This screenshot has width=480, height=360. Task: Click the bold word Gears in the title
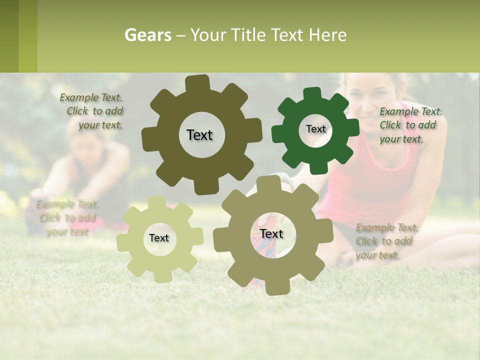point(147,35)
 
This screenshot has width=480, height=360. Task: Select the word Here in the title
point(327,35)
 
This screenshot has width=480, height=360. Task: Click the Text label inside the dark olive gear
point(199,135)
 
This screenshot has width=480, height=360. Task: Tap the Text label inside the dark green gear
point(315,129)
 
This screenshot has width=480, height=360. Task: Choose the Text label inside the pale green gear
point(159,238)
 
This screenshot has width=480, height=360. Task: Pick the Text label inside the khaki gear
point(271,234)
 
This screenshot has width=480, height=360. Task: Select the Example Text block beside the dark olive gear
point(92,111)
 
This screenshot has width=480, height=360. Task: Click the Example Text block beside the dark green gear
point(410,125)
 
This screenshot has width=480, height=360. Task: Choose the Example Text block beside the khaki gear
point(386,241)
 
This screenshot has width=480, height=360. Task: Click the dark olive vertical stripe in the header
point(9,36)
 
